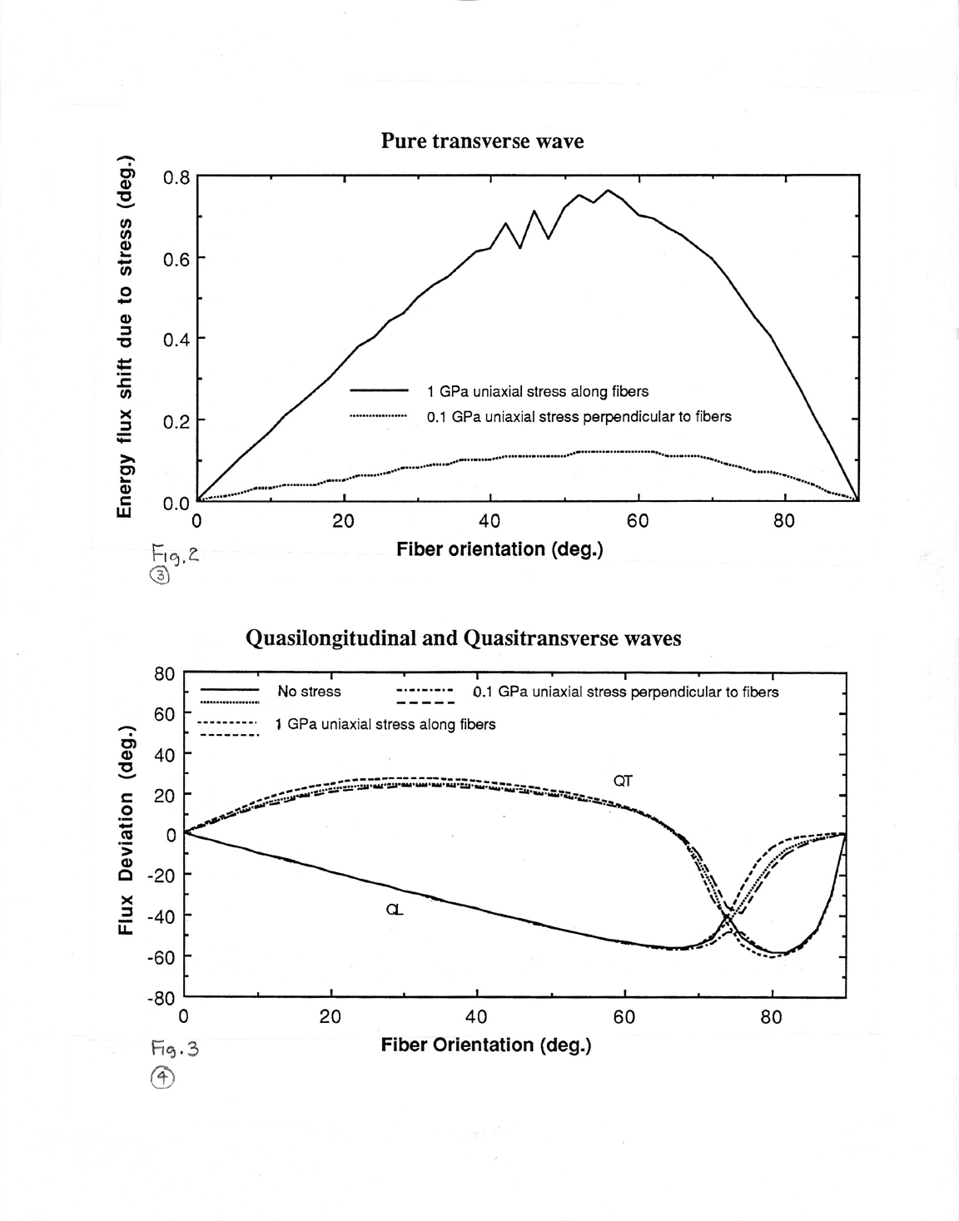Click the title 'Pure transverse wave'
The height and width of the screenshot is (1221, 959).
482,141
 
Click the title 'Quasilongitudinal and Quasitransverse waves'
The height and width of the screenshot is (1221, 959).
464,638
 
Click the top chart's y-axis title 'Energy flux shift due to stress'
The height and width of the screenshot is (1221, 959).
125,335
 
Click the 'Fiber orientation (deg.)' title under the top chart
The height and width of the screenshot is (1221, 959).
500,549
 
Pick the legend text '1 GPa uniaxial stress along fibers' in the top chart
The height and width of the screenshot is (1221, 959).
538,391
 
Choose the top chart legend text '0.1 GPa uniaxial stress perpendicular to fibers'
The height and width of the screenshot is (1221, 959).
579,416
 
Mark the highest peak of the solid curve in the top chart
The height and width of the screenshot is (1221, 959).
608,191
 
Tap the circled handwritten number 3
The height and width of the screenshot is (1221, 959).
160,576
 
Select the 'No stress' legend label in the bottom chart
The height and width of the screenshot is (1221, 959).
309,691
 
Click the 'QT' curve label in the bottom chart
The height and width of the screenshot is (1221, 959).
623,781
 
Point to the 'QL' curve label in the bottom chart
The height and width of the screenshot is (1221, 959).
395,910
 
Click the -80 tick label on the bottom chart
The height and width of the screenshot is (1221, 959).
161,999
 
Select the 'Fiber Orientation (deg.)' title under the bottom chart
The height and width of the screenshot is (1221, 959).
486,1045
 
